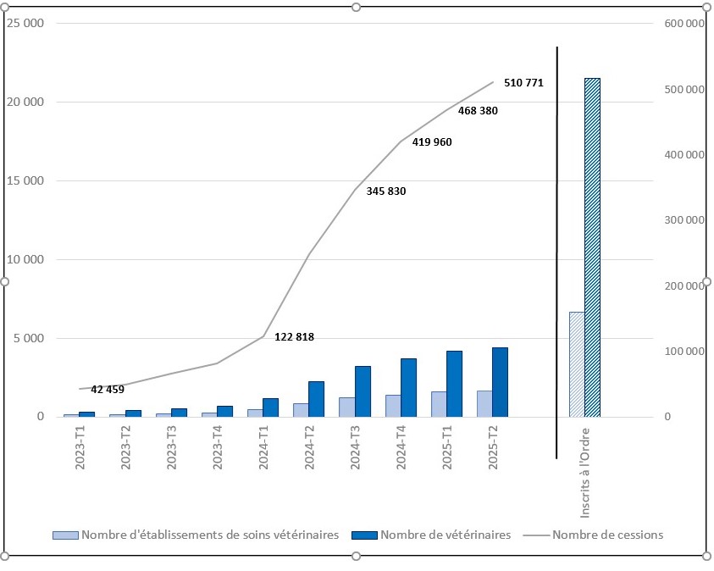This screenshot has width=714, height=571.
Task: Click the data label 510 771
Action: click(x=523, y=83)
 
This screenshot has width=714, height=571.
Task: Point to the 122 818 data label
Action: click(x=295, y=337)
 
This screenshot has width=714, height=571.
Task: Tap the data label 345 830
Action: click(x=386, y=191)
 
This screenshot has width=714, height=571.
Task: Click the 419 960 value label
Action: click(x=432, y=142)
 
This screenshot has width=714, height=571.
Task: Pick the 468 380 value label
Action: click(x=478, y=111)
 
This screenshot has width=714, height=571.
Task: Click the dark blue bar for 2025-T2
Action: click(x=500, y=382)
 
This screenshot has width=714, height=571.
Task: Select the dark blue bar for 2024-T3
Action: click(x=363, y=391)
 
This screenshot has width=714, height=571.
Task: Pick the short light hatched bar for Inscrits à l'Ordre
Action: click(x=576, y=364)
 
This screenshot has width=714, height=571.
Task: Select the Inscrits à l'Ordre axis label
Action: click(x=585, y=480)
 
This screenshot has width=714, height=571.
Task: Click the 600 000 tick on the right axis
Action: click(x=682, y=24)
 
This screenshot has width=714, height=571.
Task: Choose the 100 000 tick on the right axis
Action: click(x=682, y=352)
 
